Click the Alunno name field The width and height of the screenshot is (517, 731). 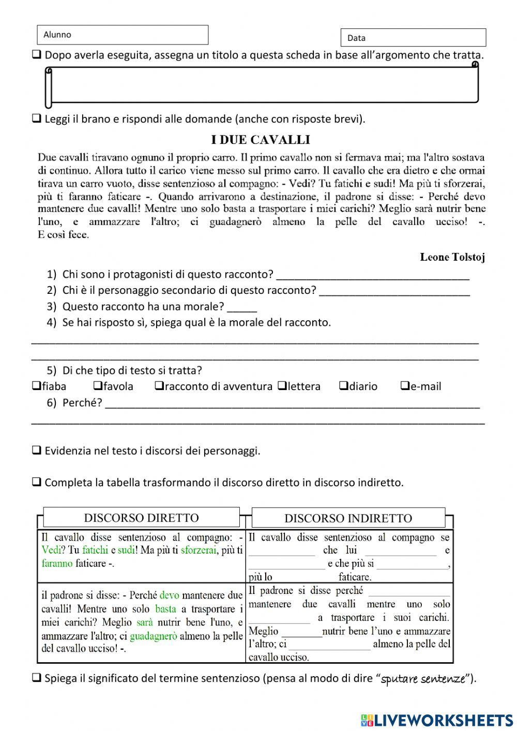click(x=123, y=35)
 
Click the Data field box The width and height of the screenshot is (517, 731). click(x=413, y=38)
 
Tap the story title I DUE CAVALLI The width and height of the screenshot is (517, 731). click(x=261, y=140)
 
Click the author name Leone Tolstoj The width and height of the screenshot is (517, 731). click(x=452, y=257)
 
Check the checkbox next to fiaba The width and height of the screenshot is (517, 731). click(x=37, y=386)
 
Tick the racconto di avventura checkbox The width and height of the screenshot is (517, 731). click(x=159, y=386)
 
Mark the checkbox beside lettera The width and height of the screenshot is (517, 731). click(x=282, y=386)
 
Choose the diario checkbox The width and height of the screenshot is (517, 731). click(x=344, y=386)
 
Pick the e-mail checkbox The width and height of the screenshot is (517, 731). click(x=405, y=386)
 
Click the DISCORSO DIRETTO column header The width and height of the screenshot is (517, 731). click(x=141, y=518)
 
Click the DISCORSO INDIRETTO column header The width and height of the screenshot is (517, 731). click(x=348, y=518)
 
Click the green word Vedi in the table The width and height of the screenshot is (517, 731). click(x=51, y=550)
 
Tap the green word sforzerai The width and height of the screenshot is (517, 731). click(x=199, y=550)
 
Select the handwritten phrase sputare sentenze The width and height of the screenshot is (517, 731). click(x=423, y=679)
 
